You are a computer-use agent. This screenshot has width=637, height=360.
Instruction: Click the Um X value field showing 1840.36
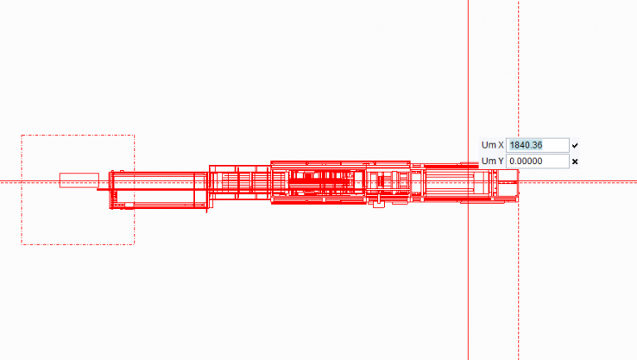[537, 145]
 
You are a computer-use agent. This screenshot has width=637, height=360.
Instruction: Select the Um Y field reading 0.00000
[537, 161]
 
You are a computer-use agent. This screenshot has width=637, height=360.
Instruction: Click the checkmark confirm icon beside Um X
[575, 145]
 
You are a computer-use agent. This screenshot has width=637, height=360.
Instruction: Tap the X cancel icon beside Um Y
[575, 161]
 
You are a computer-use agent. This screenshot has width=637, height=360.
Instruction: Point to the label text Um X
[493, 145]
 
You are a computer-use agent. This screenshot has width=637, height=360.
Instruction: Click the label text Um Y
[493, 161]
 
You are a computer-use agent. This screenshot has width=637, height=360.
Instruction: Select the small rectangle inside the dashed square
[79, 179]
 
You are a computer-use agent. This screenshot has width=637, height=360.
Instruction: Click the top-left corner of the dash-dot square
[22, 136]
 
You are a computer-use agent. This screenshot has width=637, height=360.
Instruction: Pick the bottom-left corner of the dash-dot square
[22, 244]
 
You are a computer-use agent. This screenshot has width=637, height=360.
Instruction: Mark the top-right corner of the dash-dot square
[134, 136]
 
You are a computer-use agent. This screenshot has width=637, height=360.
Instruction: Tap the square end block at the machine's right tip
[508, 181]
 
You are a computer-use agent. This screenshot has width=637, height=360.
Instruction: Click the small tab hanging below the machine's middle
[379, 203]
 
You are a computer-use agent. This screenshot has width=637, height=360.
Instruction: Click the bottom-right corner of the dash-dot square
[134, 244]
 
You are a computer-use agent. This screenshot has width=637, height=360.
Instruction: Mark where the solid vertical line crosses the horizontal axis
[469, 181]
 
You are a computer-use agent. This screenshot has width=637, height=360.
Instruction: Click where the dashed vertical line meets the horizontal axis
[519, 181]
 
